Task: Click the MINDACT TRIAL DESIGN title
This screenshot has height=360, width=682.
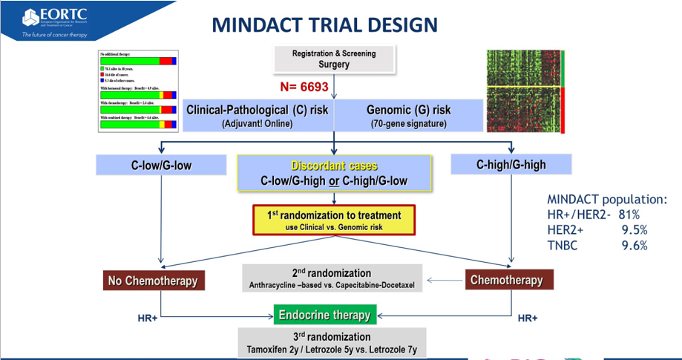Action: click(324, 24)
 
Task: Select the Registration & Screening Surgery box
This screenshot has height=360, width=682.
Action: click(334, 59)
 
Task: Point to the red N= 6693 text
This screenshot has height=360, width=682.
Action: click(304, 87)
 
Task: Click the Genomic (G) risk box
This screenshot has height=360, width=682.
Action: click(408, 116)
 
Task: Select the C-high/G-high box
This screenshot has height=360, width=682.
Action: click(511, 164)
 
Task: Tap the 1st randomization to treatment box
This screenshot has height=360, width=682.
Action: click(333, 220)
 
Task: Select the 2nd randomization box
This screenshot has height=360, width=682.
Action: click(332, 278)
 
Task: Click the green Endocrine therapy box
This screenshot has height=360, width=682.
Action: click(324, 315)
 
